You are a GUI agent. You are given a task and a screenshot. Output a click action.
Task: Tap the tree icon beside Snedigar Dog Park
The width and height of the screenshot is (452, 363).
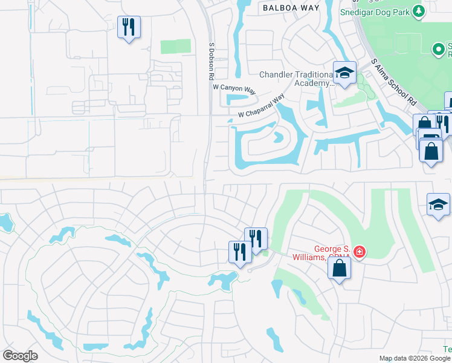click(x=418, y=11)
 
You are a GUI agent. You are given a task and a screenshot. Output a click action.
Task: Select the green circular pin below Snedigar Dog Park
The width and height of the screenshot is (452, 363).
click(x=437, y=48)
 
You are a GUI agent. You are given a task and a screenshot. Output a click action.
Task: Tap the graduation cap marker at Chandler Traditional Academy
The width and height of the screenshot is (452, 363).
click(x=344, y=74)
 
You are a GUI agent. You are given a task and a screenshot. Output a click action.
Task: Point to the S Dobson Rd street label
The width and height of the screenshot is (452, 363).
click(x=211, y=61)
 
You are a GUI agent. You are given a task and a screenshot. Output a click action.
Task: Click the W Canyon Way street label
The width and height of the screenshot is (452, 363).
click(x=234, y=88)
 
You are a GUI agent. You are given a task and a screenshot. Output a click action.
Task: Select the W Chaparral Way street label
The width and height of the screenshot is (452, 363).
click(x=261, y=106)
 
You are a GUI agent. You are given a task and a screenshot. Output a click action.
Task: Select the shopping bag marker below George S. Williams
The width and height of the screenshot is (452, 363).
click(x=339, y=267)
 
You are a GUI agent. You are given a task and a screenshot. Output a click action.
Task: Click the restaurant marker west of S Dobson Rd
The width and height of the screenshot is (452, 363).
click(x=129, y=27)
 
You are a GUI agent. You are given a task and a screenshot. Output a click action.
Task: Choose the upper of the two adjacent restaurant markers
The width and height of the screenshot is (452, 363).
click(x=256, y=238)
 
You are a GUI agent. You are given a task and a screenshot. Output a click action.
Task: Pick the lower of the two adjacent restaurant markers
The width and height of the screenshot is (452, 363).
click(x=240, y=252)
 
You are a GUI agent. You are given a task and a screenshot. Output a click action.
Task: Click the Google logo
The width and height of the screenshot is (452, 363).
click(x=20, y=356)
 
